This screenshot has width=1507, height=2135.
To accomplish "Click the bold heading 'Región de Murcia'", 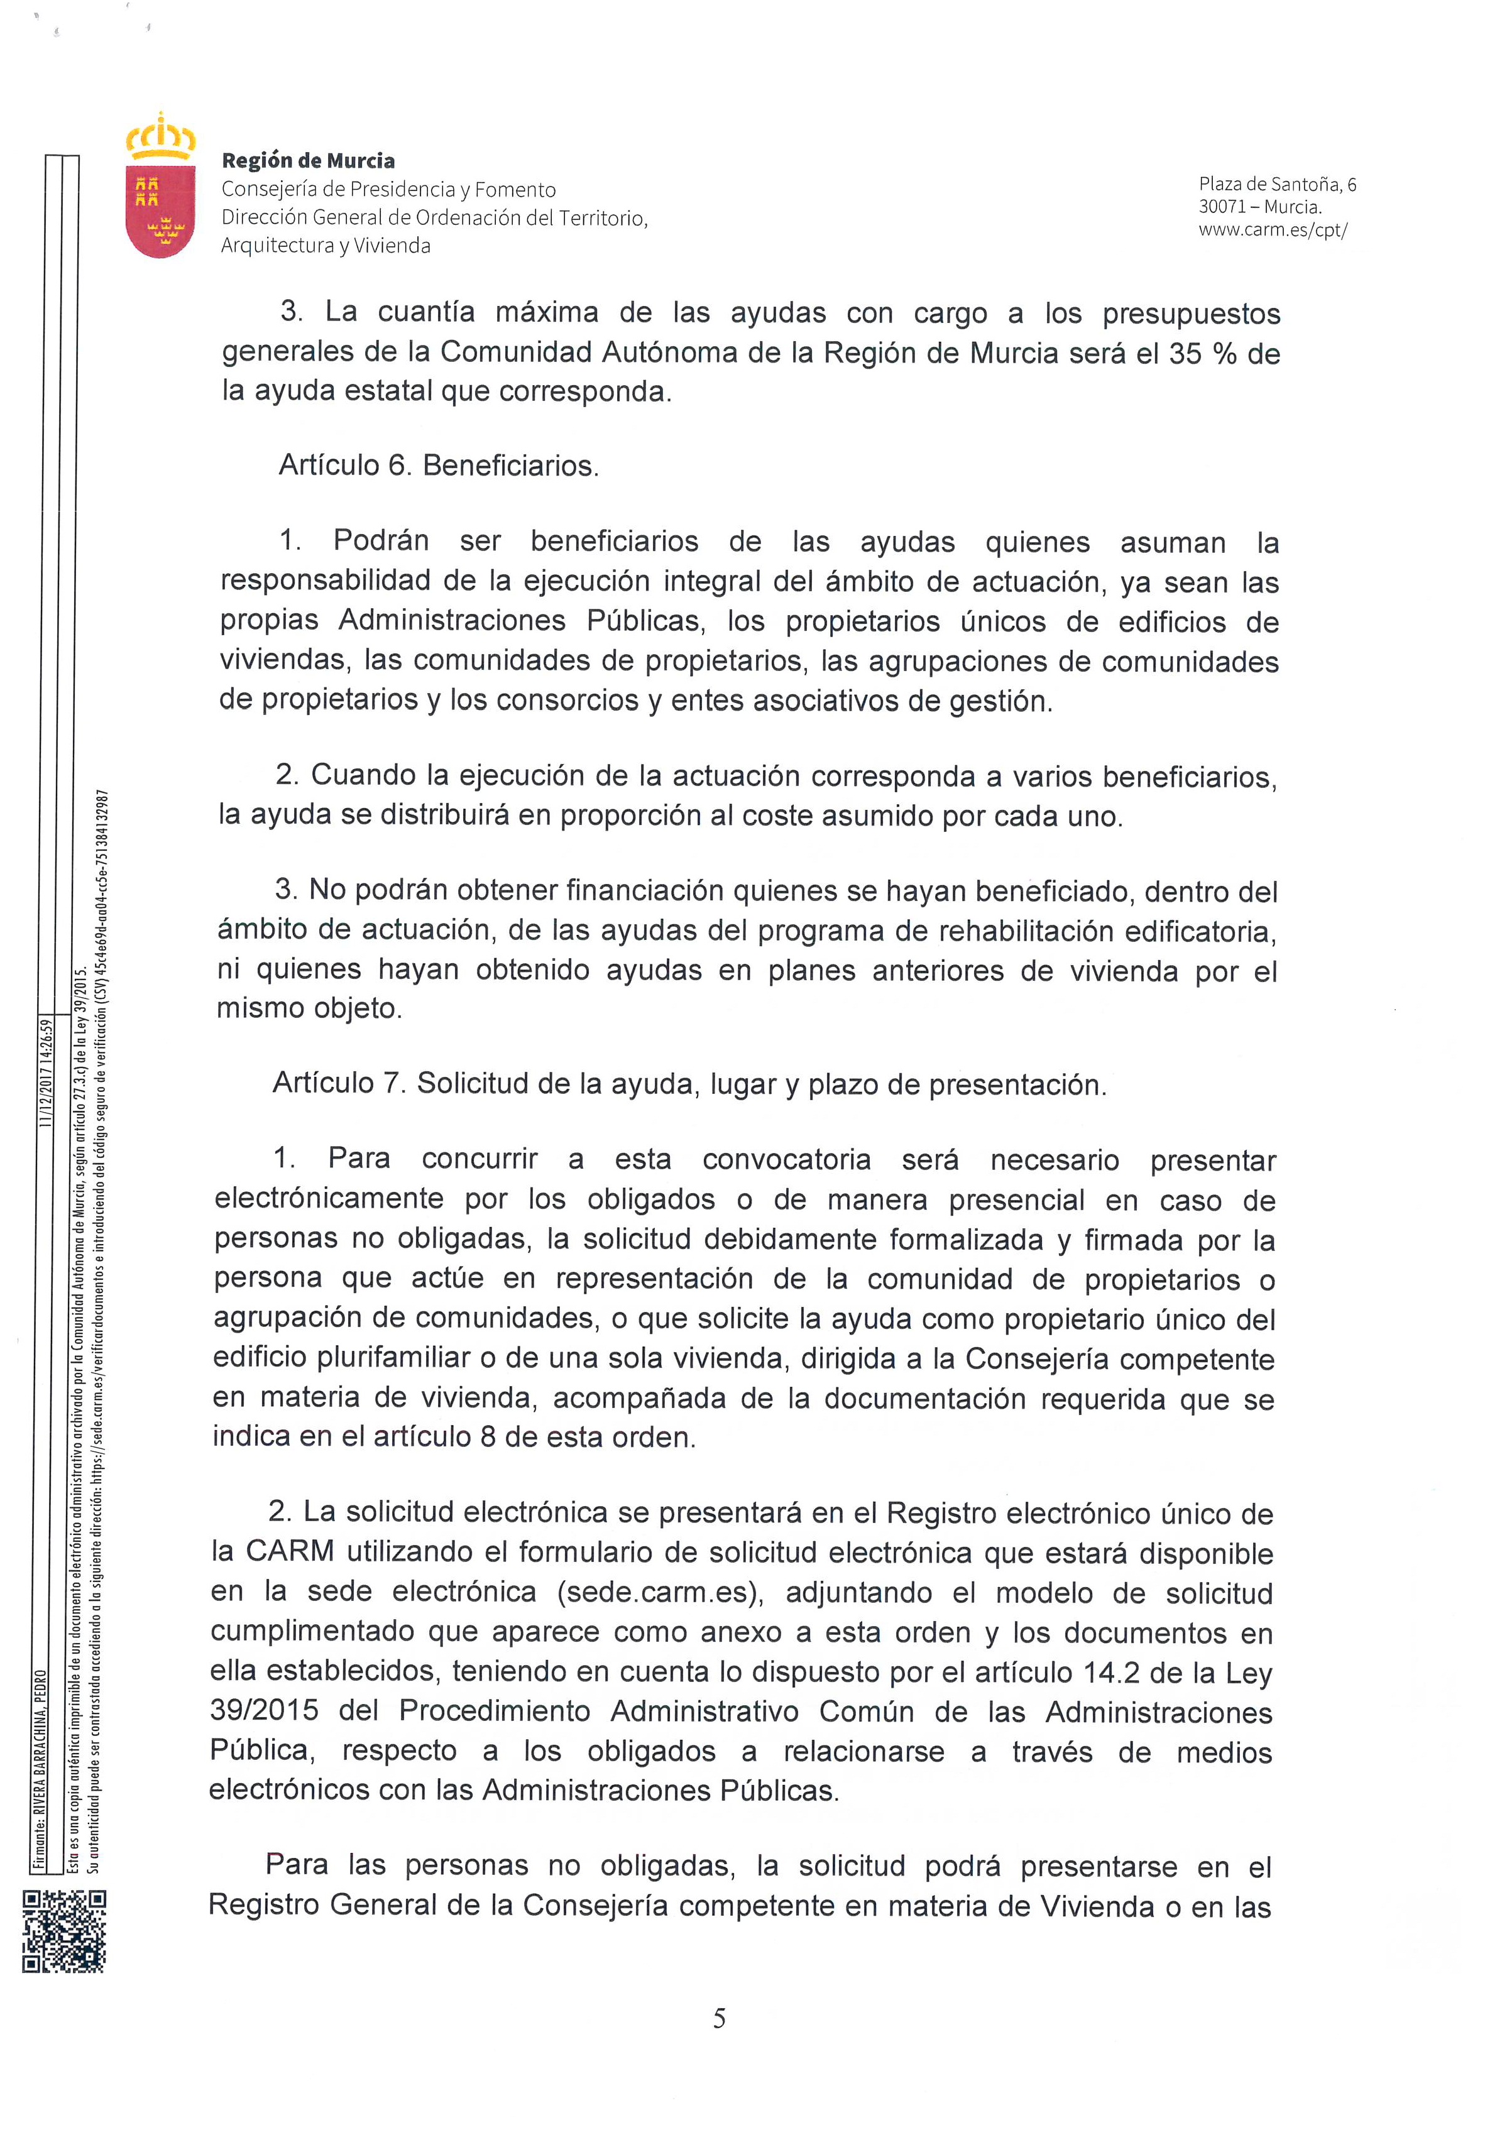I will pos(308,161).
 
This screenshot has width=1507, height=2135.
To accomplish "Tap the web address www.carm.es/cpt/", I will pos(1273,231).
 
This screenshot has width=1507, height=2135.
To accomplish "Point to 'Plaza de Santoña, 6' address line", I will pos(1277,184).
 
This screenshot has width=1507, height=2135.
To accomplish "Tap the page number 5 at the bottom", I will pos(719,2019).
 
